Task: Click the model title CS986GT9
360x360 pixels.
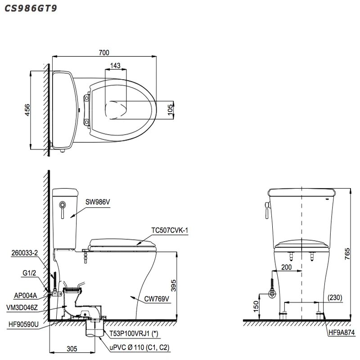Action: (31, 8)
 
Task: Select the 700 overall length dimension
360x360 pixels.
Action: (104, 52)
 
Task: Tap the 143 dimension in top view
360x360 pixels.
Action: (115, 66)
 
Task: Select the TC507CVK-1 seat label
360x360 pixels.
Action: (169, 230)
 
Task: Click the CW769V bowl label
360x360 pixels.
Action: (157, 298)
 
